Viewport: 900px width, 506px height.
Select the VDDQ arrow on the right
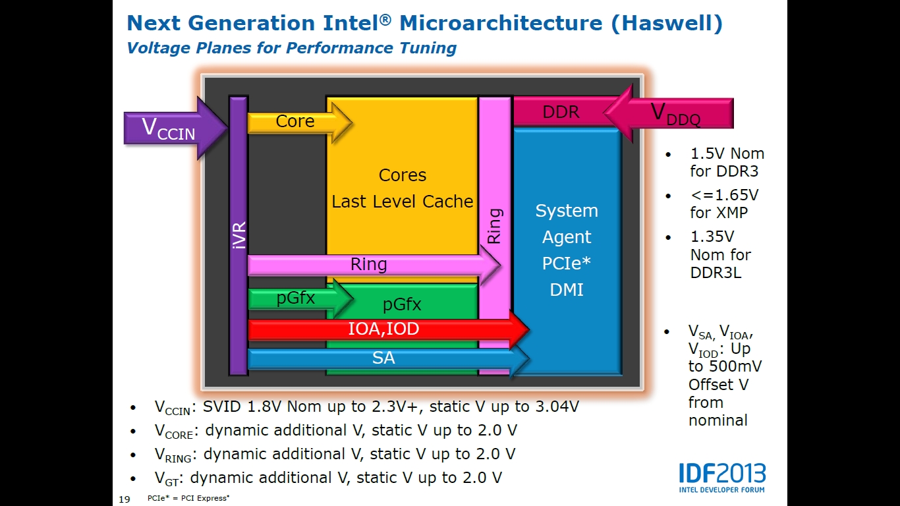672,113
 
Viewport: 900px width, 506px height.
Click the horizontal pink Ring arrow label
368,265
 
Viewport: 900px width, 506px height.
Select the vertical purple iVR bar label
239,235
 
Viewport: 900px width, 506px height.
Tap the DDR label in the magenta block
561,113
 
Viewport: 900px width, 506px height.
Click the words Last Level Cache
402,202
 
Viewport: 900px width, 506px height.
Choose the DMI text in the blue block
567,290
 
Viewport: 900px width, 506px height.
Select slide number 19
123,499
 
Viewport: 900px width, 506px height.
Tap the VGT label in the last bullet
167,479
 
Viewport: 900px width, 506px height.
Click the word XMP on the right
730,213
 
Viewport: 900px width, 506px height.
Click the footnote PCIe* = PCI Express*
188,498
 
